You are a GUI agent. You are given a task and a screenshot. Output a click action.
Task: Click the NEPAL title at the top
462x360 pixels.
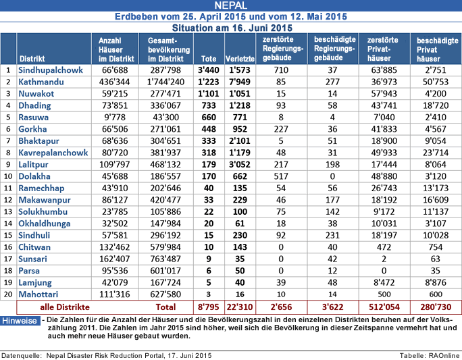pyautogui.click(x=231, y=6)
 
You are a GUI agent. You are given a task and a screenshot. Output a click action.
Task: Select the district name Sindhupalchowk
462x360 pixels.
pyautogui.click(x=51, y=69)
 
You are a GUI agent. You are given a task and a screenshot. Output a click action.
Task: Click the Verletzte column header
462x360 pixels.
pyautogui.click(x=239, y=58)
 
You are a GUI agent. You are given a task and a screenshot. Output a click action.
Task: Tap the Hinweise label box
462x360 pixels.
pyautogui.click(x=20, y=321)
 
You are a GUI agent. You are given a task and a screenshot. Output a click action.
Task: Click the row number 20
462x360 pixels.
pyautogui.click(x=8, y=294)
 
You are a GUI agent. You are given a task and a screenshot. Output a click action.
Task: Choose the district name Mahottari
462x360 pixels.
pyautogui.click(x=38, y=294)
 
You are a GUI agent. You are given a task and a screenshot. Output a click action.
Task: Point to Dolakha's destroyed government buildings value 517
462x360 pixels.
pyautogui.click(x=277, y=176)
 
